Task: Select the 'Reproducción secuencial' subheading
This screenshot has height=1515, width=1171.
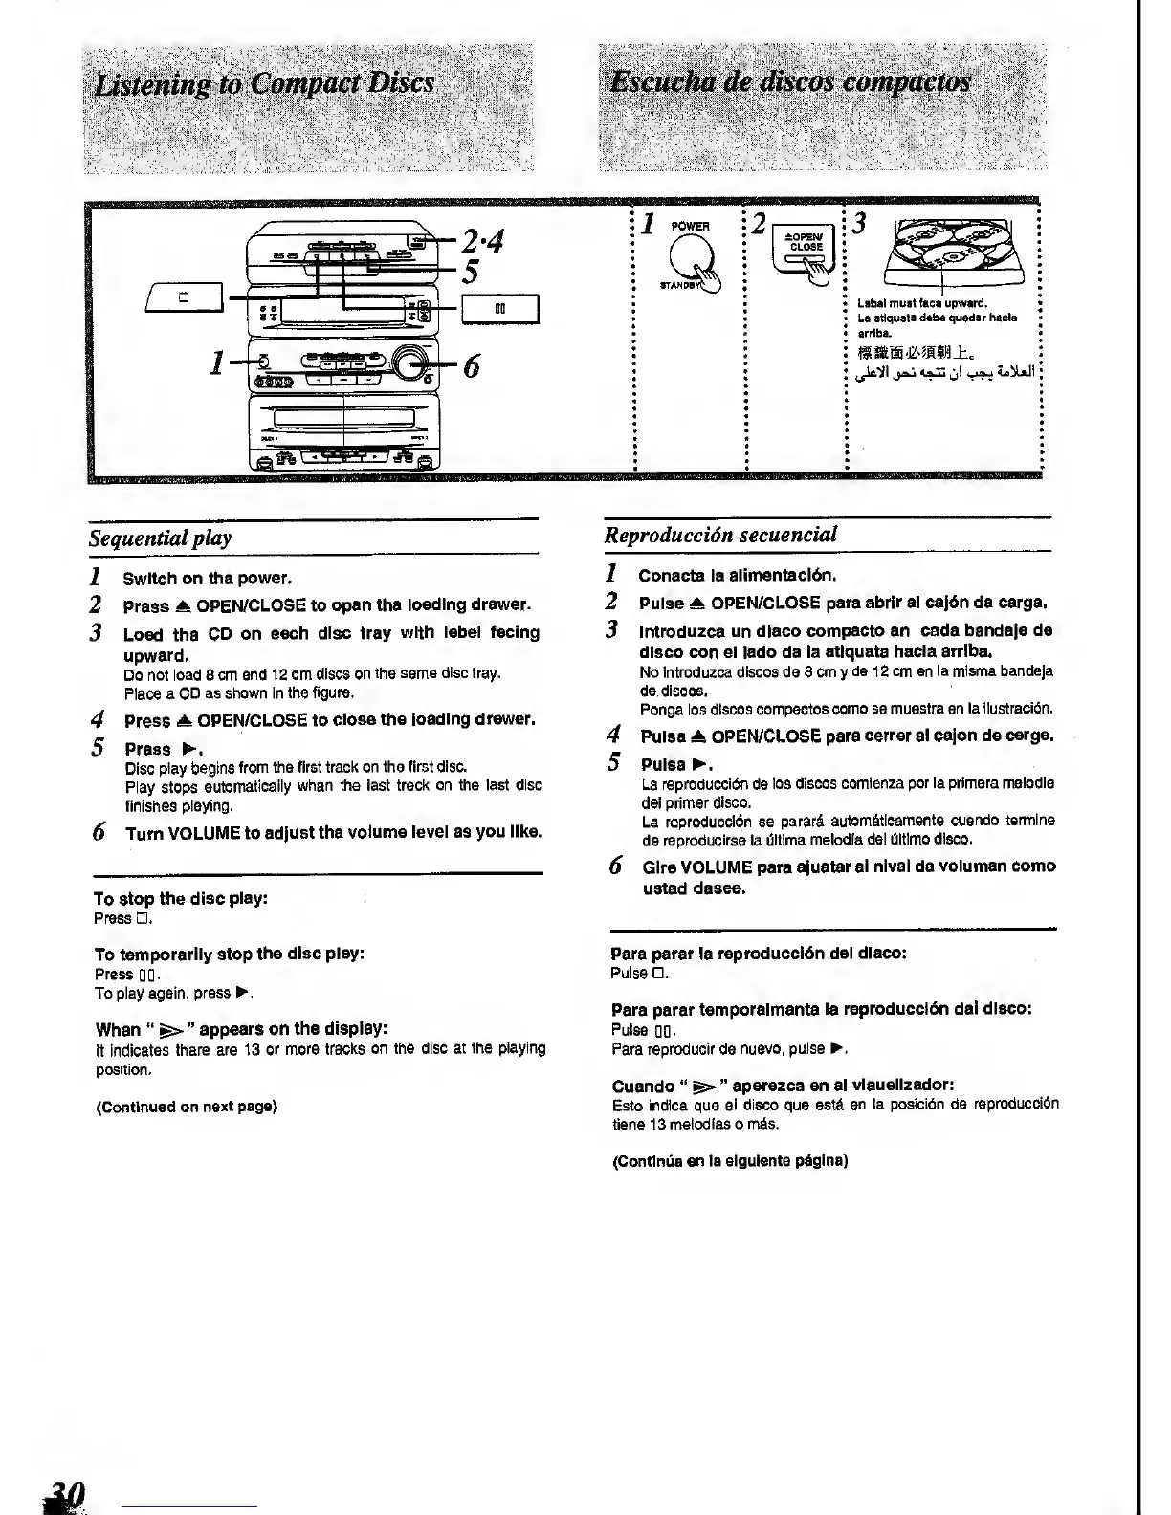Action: pos(720,535)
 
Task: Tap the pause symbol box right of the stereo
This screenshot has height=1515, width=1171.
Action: pos(500,309)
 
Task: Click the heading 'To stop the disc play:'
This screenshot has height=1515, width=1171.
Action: pos(181,898)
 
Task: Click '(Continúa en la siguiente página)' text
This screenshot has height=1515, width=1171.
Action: pos(730,1161)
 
